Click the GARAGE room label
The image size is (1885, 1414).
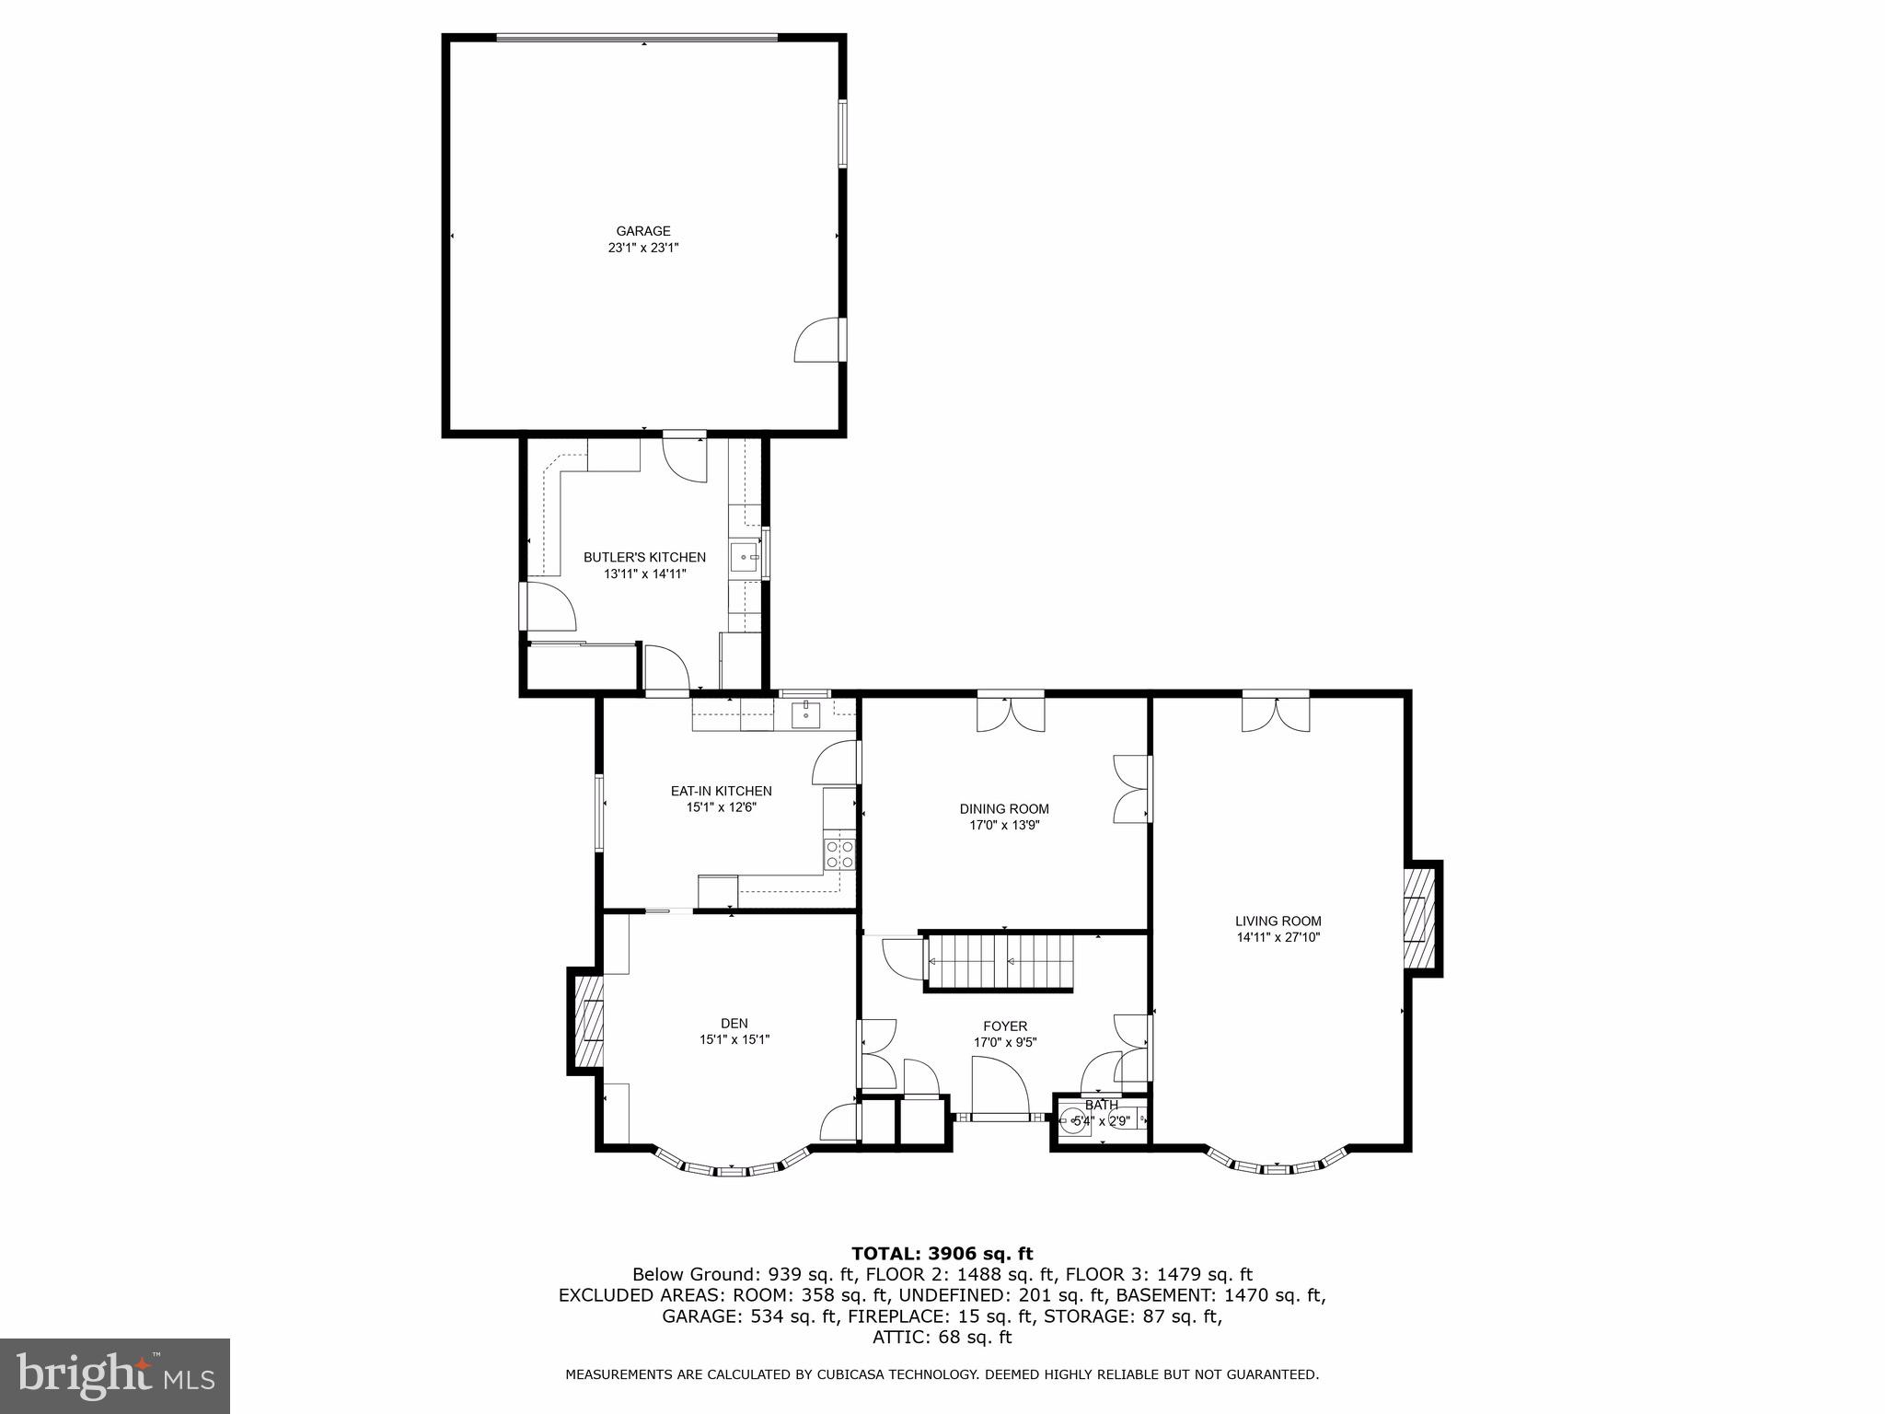643,231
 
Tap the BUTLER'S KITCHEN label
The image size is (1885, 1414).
644,557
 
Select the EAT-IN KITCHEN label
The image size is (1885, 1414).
721,791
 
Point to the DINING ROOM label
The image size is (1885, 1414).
1004,809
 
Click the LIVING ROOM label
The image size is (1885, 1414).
1278,921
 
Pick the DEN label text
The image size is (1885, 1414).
734,1023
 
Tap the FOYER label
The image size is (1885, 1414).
1005,1026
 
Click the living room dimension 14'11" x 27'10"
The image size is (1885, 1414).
1278,938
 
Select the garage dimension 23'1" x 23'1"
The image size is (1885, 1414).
643,248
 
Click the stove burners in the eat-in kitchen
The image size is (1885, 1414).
839,854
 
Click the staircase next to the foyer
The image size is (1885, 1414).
1000,962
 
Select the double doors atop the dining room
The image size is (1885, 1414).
1011,713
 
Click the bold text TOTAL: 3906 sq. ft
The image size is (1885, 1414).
942,1253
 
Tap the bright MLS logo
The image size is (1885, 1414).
114,1375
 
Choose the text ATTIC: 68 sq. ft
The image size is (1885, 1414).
942,1337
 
